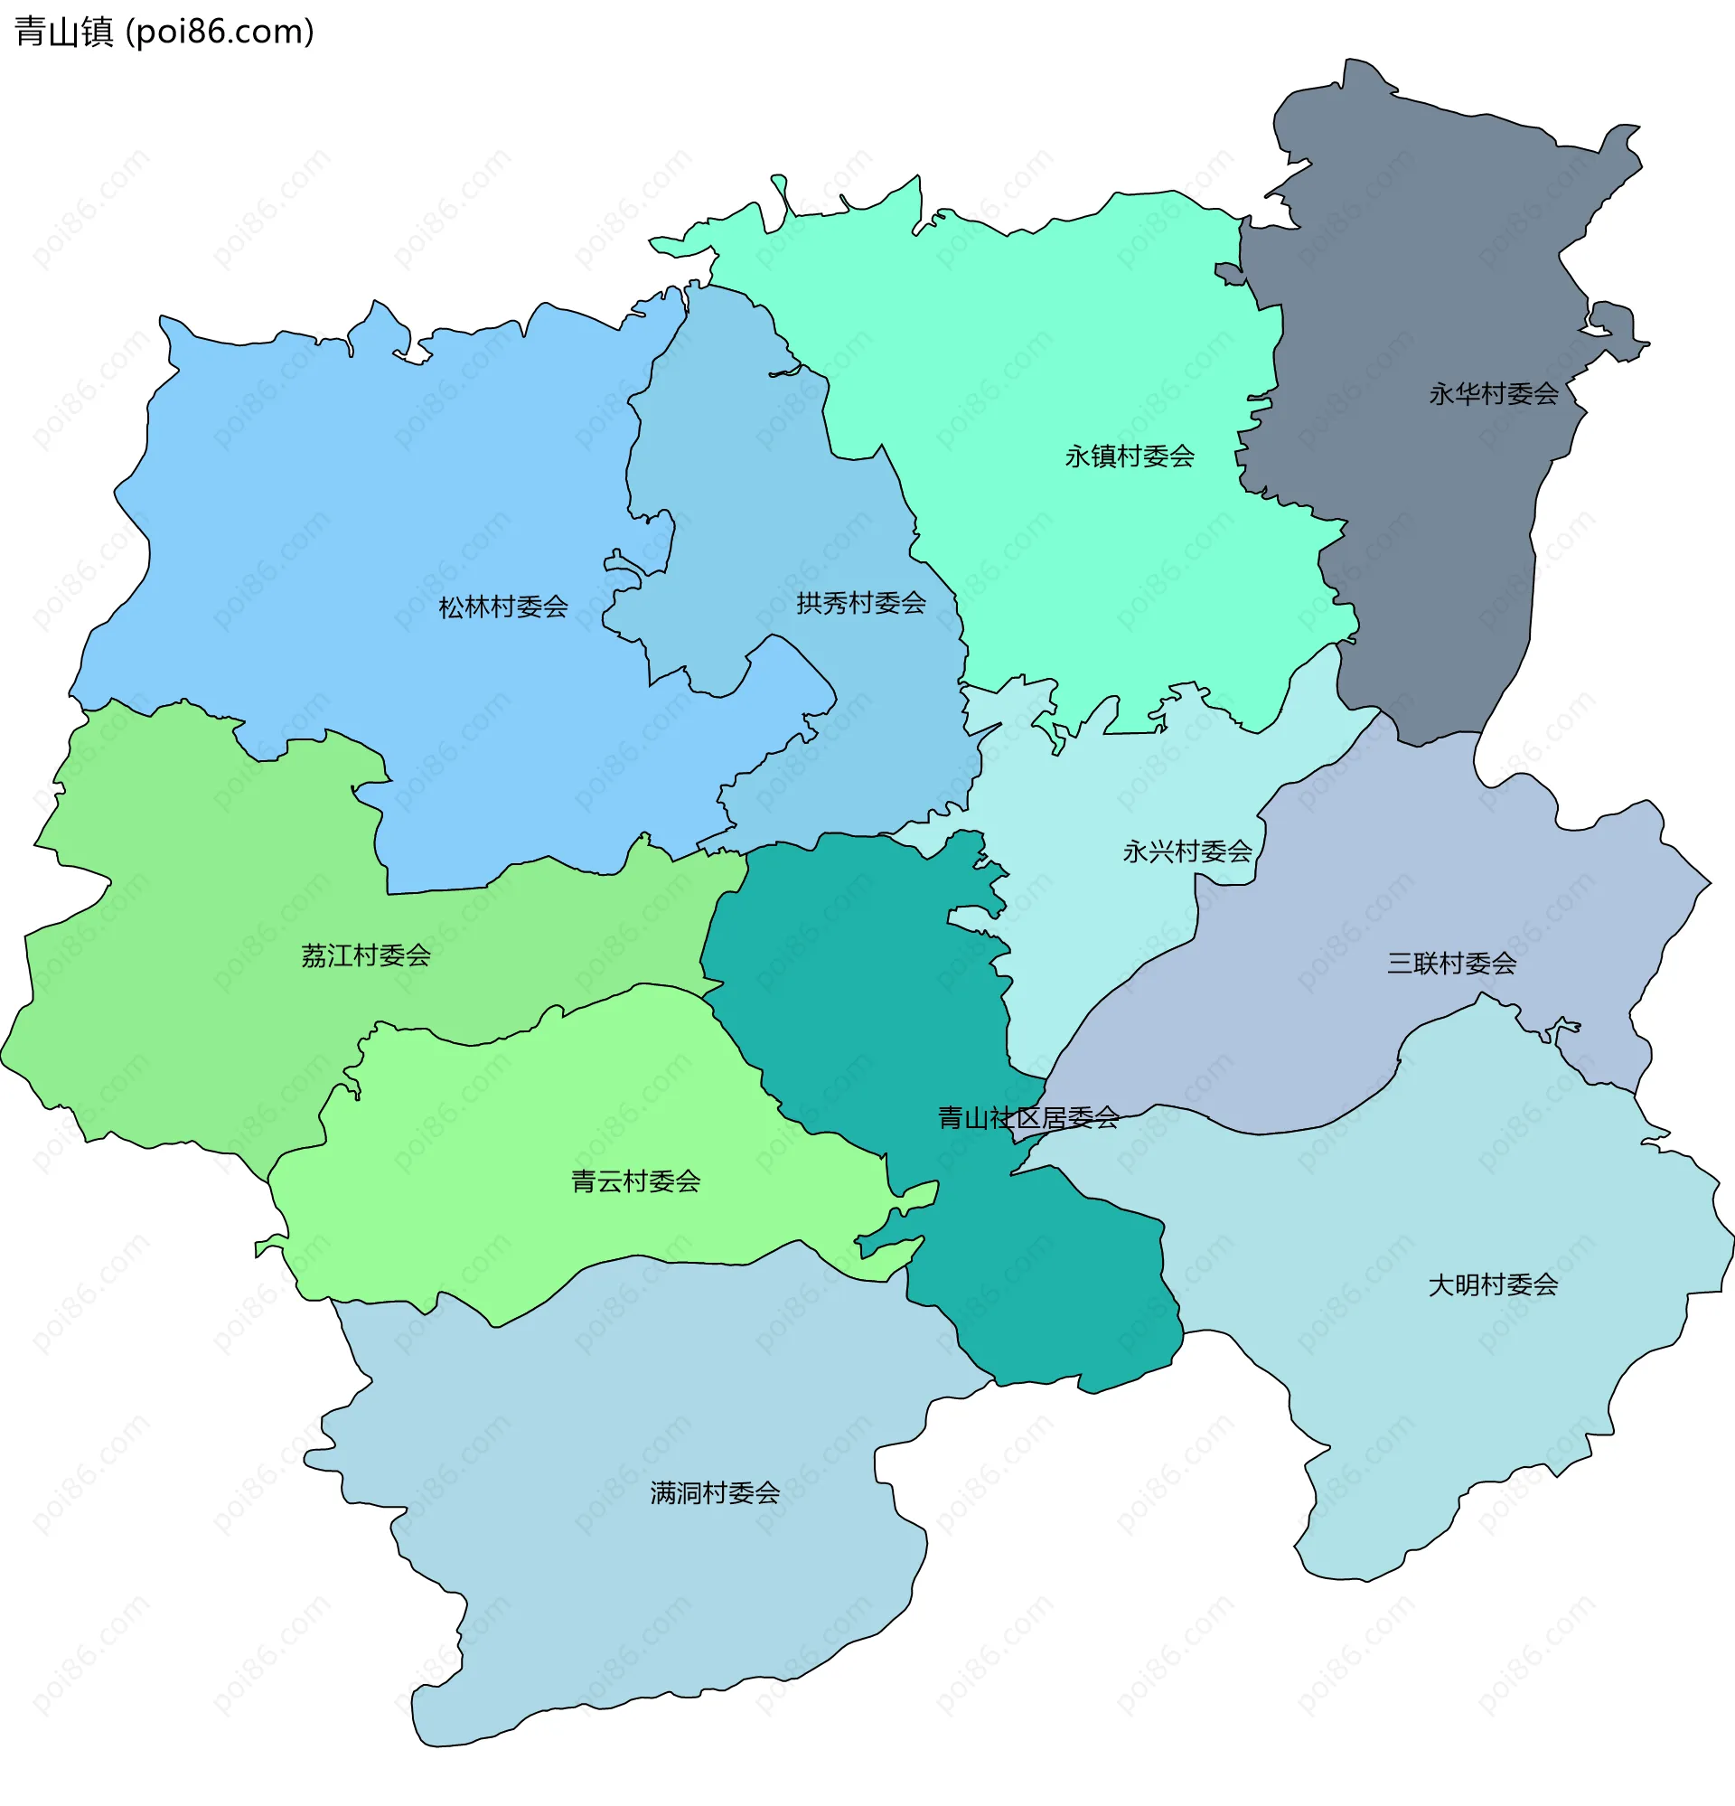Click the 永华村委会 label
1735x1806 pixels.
pos(1493,394)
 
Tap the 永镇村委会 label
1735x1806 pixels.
pos(1129,456)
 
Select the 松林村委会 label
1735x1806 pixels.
pos(502,607)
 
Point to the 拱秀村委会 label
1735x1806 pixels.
pos(860,604)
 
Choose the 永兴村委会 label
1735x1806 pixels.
pos(1186,851)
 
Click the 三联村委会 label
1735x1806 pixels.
pos(1451,964)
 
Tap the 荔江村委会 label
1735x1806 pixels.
pos(366,955)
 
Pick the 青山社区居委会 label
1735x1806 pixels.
pos(1028,1118)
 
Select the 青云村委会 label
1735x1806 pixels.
pos(636,1181)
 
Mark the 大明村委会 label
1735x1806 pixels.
pos(1493,1284)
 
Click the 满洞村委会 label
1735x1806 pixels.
pos(715,1492)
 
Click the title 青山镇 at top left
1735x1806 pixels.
pos(63,33)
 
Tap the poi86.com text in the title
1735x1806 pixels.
pos(220,33)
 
